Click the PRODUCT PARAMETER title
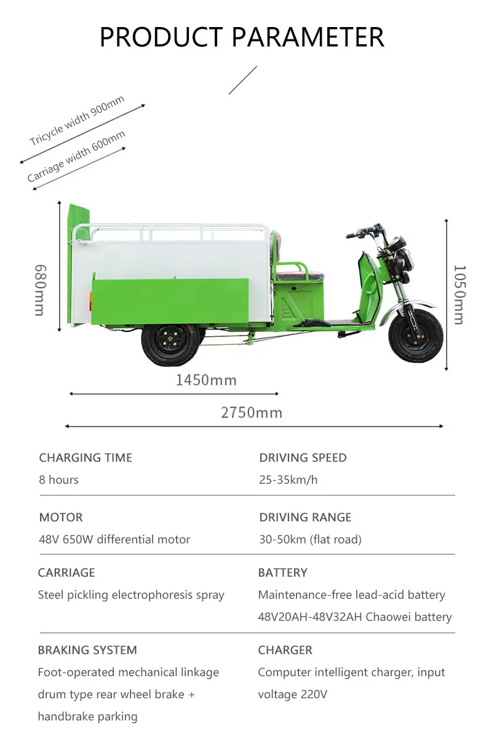242,37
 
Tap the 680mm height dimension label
40,290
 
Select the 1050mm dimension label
460,294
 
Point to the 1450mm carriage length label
206,380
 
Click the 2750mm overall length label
252,412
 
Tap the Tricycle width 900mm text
77,120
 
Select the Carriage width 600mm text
76,156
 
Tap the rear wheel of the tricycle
170,344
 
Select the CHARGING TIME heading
86,458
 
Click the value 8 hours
58,479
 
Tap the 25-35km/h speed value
289,479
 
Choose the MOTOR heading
61,517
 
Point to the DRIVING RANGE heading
305,517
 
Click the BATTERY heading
282,572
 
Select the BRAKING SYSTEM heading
87,650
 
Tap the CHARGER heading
285,650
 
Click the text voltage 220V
293,694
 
